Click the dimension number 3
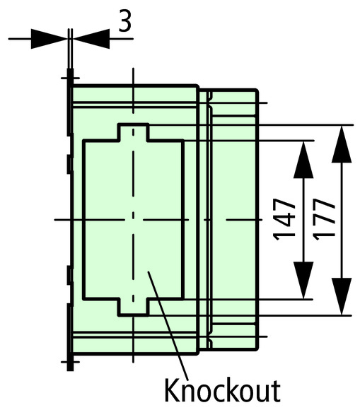(124, 20)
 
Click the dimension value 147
(284, 220)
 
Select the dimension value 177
(324, 220)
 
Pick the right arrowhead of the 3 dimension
(91, 39)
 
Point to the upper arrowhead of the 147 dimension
(303, 160)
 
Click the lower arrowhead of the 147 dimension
(303, 280)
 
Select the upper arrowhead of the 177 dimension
(342, 144)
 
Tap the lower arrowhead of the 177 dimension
(342, 296)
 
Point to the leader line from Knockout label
(168, 326)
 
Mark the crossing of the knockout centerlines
(134, 220)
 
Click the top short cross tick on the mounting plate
(70, 78)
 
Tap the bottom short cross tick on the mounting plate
(70, 362)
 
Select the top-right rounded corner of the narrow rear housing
(257, 90)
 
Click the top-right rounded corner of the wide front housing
(197, 86)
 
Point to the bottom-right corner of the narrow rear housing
(257, 348)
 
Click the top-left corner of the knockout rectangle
(84, 141)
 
